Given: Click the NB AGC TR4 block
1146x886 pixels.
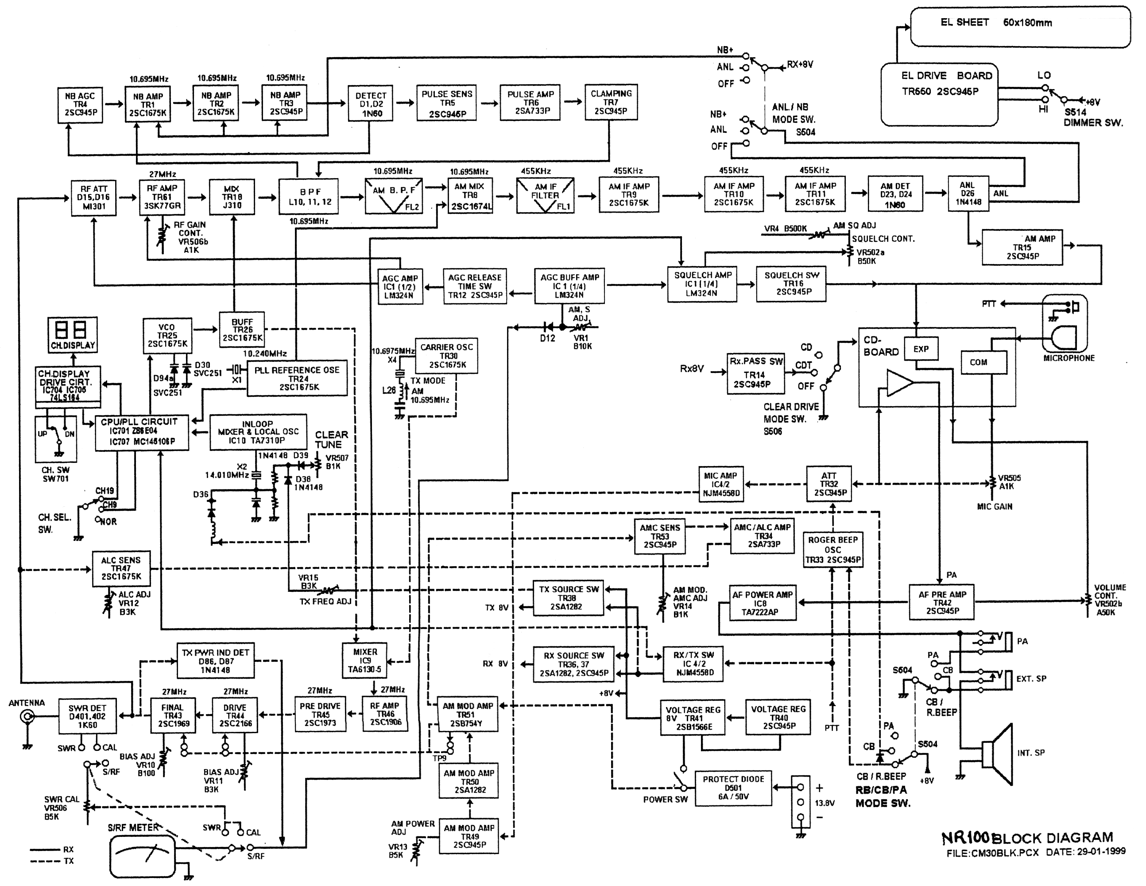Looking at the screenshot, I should point(80,105).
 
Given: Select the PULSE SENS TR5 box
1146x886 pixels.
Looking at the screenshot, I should point(446,103).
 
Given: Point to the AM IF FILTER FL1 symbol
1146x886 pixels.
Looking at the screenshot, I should point(545,196).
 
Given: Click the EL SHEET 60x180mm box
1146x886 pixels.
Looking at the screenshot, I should point(1019,27).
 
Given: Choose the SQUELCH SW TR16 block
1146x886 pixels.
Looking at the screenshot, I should point(791,284).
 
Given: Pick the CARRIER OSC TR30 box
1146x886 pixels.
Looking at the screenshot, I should point(446,356).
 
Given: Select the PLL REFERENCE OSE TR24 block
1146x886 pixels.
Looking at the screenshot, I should point(297,378).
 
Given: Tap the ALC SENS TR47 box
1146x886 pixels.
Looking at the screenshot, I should point(121,568).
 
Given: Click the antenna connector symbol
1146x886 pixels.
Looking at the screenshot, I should point(27,716).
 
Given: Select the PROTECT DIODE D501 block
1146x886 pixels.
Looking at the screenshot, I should point(733,788).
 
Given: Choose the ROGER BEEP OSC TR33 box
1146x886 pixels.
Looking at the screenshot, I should point(833,550).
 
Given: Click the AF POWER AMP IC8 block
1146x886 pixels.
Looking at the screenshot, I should point(763,602).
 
